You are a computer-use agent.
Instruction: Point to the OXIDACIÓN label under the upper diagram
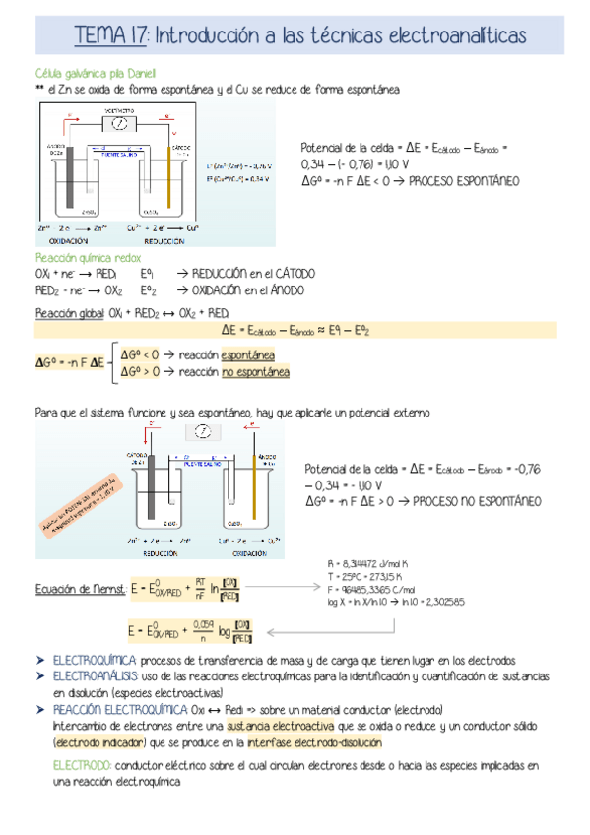[60, 240]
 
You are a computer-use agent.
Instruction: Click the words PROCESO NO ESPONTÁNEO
[477, 501]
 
